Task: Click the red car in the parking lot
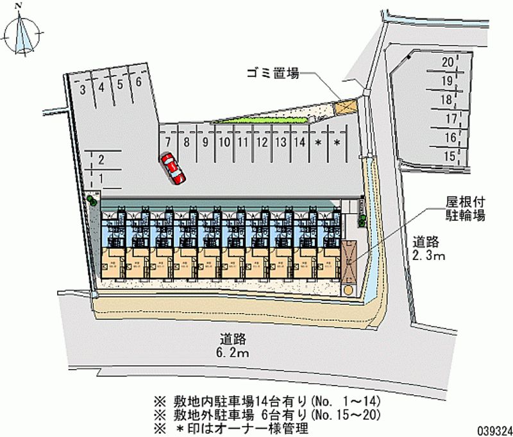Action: [172, 168]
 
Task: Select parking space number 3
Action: [83, 90]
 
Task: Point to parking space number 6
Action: [138, 81]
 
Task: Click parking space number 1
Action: [101, 178]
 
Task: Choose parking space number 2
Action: [101, 160]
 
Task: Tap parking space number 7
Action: [167, 142]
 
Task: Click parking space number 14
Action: [299, 142]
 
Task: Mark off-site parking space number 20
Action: [448, 62]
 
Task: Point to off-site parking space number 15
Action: [450, 155]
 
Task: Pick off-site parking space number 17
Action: [451, 118]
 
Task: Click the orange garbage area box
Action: [347, 106]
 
